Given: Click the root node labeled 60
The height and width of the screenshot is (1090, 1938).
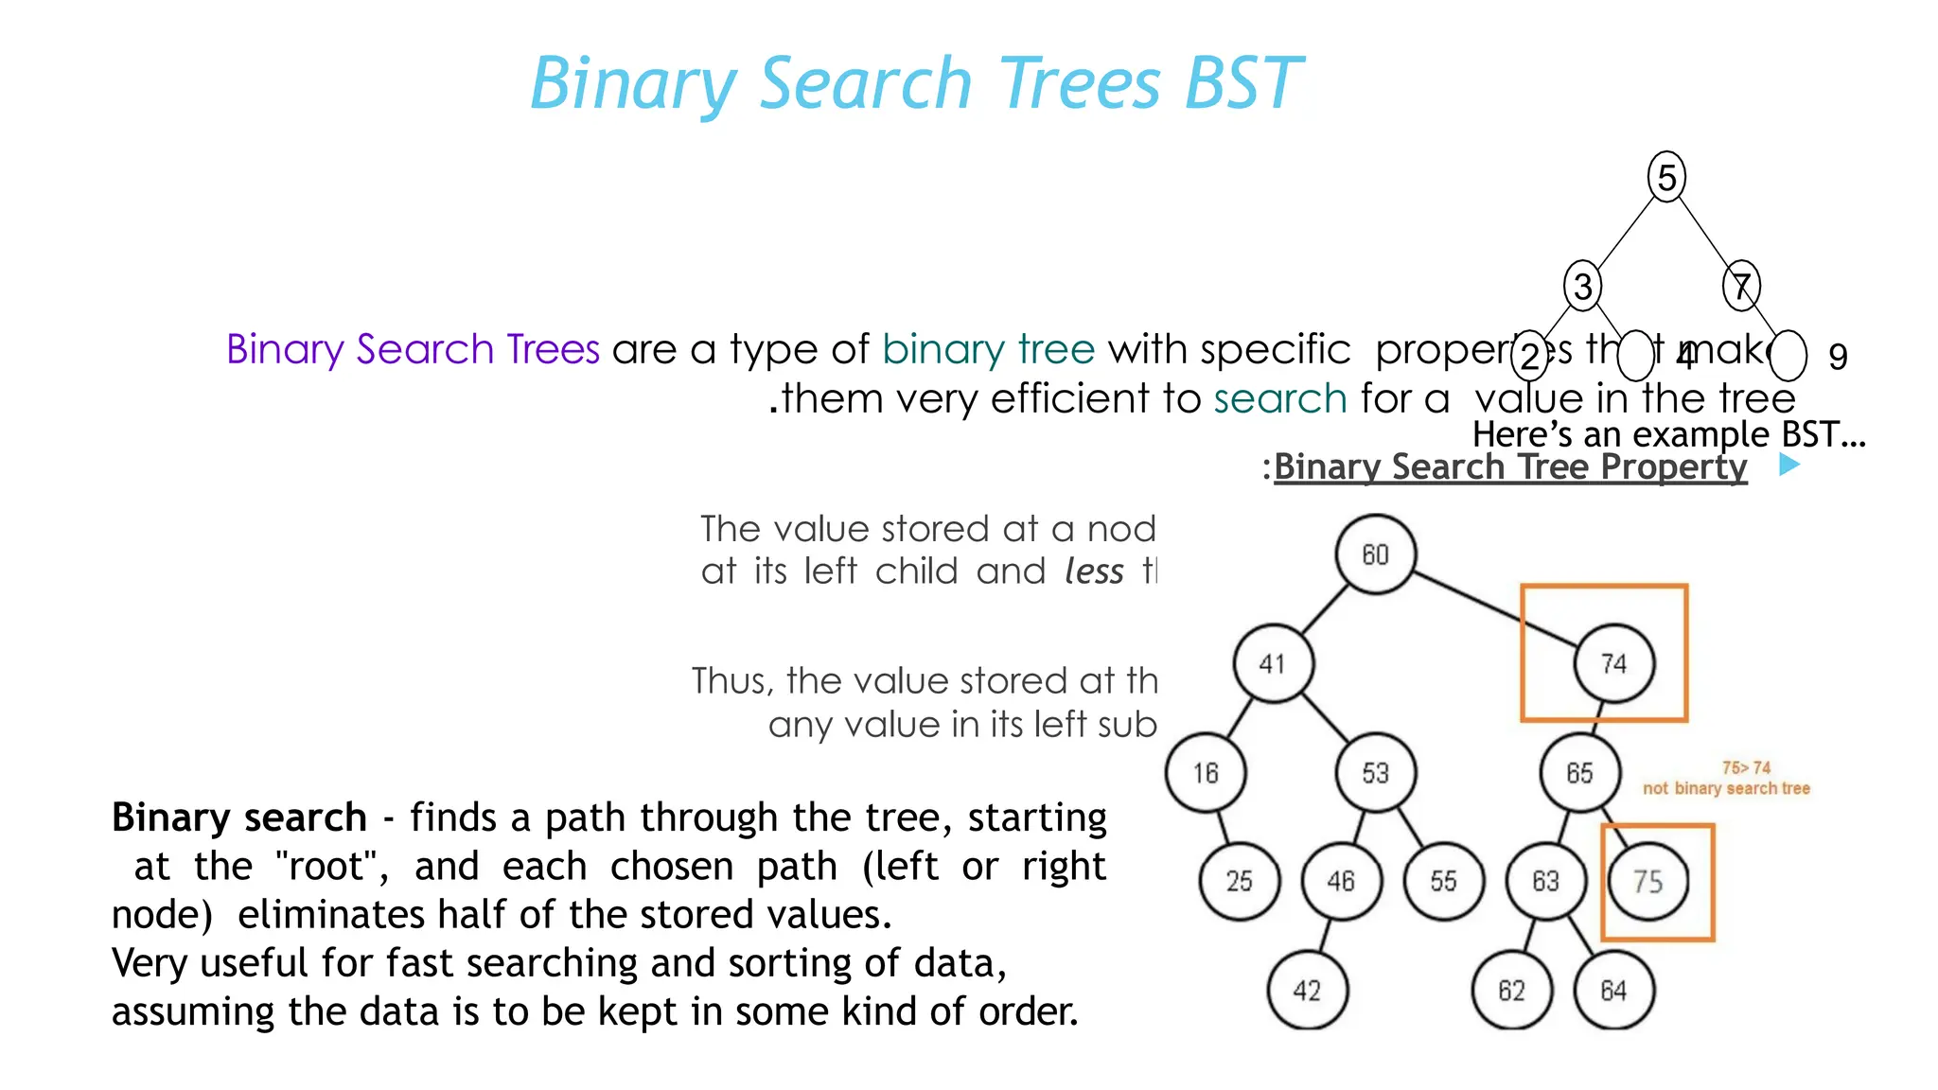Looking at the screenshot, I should (x=1375, y=554).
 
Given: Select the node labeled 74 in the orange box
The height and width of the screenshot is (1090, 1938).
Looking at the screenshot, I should (x=1614, y=663).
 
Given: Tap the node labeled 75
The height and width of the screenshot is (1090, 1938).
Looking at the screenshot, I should (x=1648, y=882).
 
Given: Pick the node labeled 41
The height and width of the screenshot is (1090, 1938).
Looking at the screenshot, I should (x=1273, y=663).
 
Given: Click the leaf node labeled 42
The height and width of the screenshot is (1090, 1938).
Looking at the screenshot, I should (x=1307, y=991).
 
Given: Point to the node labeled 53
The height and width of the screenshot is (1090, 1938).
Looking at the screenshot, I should (x=1375, y=773).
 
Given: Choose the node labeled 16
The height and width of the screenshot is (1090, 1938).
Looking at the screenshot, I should (x=1205, y=773).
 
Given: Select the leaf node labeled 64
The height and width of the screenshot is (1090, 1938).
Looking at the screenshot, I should (x=1613, y=991).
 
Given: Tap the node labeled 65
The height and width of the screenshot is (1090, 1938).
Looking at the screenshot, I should (x=1579, y=773).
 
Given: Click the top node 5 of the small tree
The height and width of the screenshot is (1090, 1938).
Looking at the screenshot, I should (x=1666, y=177).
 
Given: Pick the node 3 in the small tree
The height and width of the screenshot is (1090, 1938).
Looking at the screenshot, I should (x=1582, y=286).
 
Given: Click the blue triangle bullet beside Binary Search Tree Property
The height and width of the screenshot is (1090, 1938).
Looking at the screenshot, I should (x=1788, y=465).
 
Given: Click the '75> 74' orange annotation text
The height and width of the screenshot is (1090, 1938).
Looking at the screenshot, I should (x=1746, y=767).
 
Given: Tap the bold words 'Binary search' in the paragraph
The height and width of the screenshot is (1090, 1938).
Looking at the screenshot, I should (x=238, y=817).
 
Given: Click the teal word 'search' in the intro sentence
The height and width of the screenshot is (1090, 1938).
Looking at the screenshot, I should (x=1279, y=398).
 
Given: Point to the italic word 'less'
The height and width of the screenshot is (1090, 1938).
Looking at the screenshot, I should (x=1094, y=571).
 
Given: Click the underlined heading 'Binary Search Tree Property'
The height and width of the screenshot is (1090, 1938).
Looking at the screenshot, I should (x=1509, y=467).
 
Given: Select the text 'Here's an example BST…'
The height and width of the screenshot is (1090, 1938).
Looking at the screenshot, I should (x=1668, y=434).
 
